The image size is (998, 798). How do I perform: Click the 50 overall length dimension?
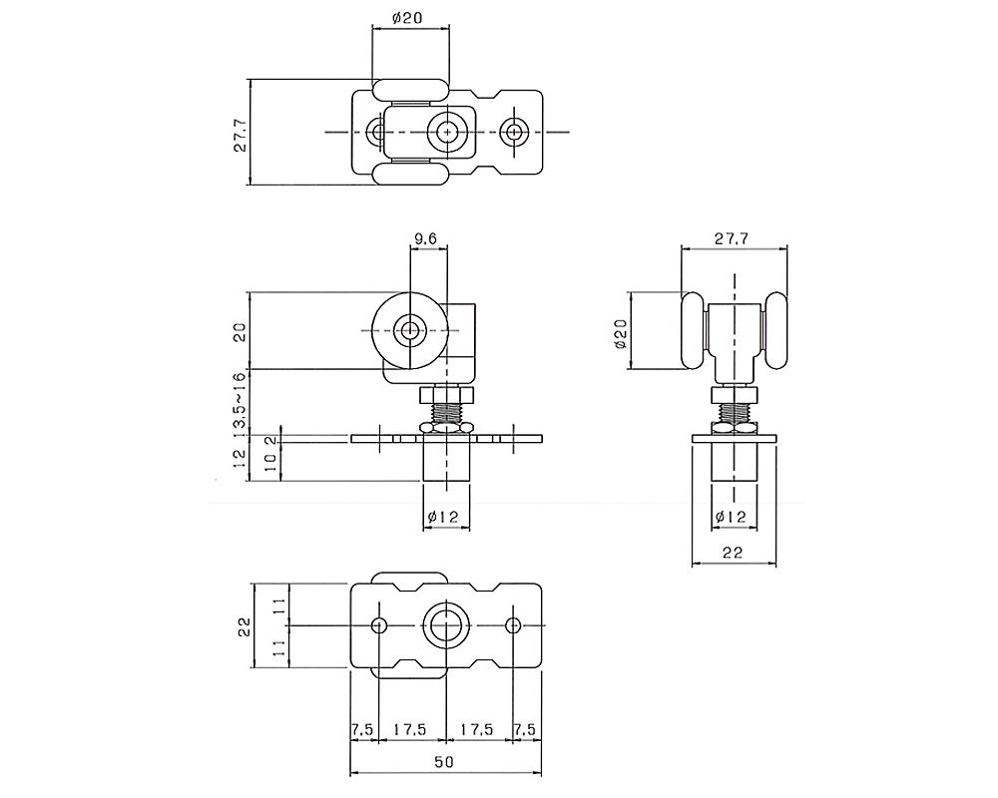pos(444,762)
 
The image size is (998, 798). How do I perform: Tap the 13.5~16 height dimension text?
pos(240,403)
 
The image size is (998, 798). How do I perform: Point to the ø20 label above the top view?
pos(410,18)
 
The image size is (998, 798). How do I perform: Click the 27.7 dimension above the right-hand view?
pos(732,239)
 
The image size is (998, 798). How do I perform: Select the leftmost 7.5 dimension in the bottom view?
pos(362,730)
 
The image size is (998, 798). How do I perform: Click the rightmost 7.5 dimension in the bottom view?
pos(525,730)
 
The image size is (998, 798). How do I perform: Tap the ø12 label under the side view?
pos(442,516)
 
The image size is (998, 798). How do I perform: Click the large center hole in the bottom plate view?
pos(445,625)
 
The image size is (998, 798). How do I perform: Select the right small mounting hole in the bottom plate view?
pos(513,625)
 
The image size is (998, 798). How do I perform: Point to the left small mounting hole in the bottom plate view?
pos(378,625)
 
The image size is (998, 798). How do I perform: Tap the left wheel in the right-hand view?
pos(692,331)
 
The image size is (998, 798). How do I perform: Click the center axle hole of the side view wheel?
pos(409,330)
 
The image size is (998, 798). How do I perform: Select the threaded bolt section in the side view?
pos(444,407)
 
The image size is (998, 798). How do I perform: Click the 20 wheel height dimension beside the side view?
pos(240,331)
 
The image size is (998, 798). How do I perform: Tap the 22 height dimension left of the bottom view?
pos(242,625)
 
